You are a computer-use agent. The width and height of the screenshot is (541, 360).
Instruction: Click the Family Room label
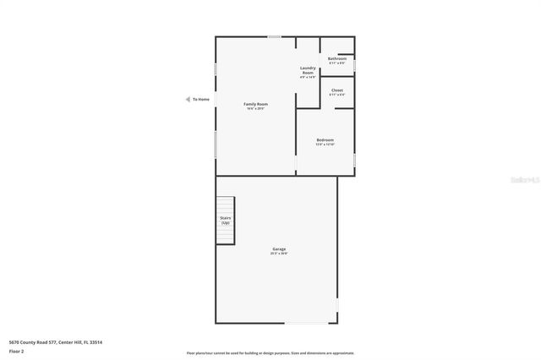[x=256, y=103]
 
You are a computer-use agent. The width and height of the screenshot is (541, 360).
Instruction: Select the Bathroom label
[x=337, y=58]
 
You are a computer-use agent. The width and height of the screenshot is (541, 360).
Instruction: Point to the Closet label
[x=337, y=90]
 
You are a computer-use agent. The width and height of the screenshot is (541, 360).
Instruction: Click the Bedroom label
[x=325, y=139]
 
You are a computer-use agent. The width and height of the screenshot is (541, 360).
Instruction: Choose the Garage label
[x=279, y=248]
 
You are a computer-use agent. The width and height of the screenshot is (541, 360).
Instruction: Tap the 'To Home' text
[x=201, y=99]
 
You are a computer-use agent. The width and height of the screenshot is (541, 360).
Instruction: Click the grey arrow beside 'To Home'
[x=188, y=99]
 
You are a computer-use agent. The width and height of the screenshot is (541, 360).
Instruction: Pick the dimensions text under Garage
[x=279, y=254]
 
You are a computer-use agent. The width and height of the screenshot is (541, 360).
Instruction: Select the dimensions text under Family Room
[x=256, y=108]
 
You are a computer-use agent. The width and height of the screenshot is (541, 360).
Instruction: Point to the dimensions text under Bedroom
[x=325, y=145]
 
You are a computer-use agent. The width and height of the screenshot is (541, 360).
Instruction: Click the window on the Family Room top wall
[x=275, y=36]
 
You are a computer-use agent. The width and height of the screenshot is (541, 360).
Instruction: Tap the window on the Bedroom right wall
[x=355, y=159]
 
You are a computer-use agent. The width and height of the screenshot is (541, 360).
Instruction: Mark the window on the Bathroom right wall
[x=355, y=63]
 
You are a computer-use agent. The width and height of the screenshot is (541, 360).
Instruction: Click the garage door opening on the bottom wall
[x=308, y=323]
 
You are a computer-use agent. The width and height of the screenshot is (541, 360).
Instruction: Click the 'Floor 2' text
[x=16, y=351]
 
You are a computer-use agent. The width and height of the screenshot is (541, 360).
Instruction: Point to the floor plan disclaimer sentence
[x=270, y=353]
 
